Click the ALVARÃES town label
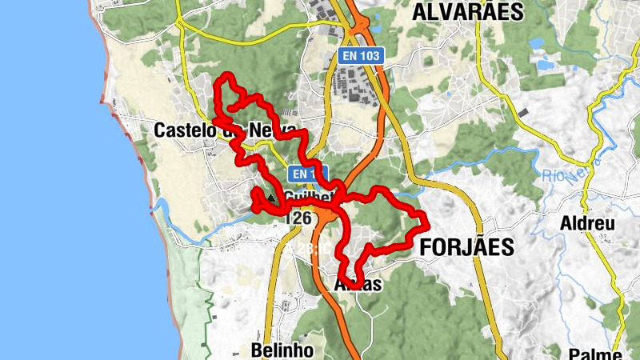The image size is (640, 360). [467, 11]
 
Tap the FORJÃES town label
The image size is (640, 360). [466, 248]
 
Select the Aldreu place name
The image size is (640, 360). [588, 223]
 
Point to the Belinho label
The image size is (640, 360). [277, 350]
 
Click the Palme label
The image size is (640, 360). [596, 354]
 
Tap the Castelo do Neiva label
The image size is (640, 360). [224, 130]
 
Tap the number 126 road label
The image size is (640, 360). [298, 218]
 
